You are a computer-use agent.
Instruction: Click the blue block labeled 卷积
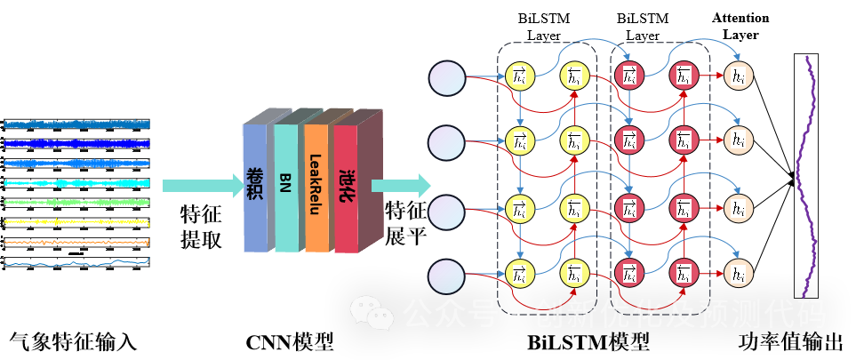254,187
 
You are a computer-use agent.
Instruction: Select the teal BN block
285,187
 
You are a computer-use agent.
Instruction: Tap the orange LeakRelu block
316,187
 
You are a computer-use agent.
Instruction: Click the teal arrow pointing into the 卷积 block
200,185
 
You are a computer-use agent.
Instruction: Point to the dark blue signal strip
76,143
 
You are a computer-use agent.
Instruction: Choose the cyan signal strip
76,183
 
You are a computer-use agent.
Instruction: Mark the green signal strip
76,203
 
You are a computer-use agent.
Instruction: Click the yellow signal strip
76,222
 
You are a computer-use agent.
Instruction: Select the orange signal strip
76,242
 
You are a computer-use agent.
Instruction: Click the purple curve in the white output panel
807,178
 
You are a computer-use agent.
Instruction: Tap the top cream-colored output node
738,77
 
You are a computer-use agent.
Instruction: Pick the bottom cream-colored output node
738,273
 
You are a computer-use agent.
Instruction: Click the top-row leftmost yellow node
519,77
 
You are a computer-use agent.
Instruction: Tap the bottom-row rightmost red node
684,273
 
